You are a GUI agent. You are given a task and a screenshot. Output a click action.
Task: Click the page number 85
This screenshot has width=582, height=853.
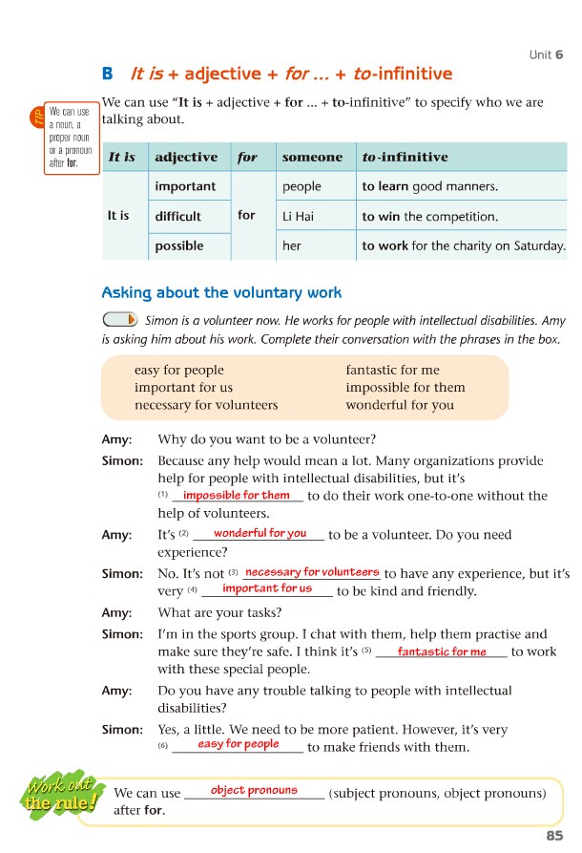pos(554,836)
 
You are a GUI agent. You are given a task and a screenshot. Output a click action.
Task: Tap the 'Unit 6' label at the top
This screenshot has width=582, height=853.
pos(546,54)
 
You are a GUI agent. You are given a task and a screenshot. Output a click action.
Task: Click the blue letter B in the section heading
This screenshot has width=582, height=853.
pos(107,74)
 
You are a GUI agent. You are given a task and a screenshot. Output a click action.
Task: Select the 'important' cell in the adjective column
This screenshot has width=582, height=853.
pos(185,186)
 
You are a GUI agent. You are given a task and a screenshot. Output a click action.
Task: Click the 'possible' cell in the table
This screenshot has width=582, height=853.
pos(178,245)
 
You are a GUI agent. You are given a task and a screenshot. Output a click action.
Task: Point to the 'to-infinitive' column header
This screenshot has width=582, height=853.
pos(405,157)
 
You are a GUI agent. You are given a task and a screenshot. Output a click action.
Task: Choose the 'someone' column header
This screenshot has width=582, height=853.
pos(312,157)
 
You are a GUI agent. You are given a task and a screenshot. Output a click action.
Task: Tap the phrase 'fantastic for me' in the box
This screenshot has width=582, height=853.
pos(392,370)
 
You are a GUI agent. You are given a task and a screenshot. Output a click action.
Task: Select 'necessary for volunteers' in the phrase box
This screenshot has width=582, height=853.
pos(206,404)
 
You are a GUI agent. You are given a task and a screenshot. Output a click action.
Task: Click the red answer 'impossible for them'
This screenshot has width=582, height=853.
pos(236,495)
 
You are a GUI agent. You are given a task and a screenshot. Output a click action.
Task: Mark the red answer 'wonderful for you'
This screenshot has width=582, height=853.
pos(260,533)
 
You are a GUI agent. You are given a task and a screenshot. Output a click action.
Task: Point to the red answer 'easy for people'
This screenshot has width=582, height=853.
pos(239,743)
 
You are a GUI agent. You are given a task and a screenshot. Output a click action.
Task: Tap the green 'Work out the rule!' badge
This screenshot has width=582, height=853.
pos(61,796)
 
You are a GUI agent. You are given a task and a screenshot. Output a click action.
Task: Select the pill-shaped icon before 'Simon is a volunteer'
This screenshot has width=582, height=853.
pos(119,319)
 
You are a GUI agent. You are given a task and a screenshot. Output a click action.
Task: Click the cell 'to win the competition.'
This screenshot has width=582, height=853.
pos(430,216)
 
